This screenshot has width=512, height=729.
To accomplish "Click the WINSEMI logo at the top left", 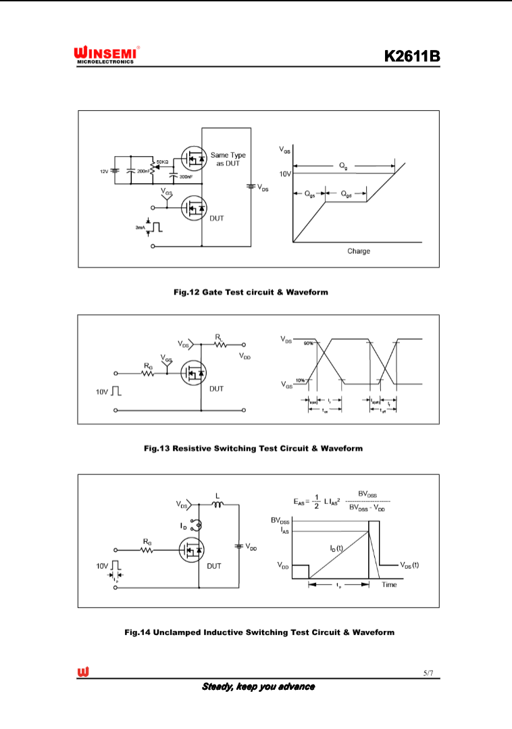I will pyautogui.click(x=107, y=55).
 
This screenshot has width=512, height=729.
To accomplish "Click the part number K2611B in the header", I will pyautogui.click(x=412, y=56).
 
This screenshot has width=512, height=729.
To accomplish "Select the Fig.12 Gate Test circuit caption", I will pyautogui.click(x=251, y=293).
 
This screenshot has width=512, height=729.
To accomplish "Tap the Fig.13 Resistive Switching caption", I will pyautogui.click(x=253, y=448).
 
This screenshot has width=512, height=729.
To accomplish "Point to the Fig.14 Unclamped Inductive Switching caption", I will pyautogui.click(x=259, y=632).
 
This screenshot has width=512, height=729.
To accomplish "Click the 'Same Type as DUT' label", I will pyautogui.click(x=228, y=159).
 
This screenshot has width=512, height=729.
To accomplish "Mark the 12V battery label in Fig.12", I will pyautogui.click(x=104, y=172).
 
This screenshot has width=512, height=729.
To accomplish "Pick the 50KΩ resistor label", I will pyautogui.click(x=162, y=162).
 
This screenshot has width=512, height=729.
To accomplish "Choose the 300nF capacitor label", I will pyautogui.click(x=186, y=177).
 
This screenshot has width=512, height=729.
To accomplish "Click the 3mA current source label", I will pyautogui.click(x=140, y=228).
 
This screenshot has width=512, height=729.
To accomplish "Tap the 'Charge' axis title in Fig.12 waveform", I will pyautogui.click(x=359, y=251).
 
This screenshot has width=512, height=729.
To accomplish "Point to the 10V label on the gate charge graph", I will pyautogui.click(x=285, y=174).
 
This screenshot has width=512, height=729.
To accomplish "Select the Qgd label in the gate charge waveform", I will pyautogui.click(x=346, y=194).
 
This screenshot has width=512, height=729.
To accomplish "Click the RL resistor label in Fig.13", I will pyautogui.click(x=218, y=336).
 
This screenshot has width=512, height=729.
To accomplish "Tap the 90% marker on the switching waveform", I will pyautogui.click(x=308, y=344).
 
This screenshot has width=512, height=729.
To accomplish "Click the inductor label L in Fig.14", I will pyautogui.click(x=217, y=495).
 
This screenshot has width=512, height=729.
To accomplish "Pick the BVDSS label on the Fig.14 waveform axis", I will pyautogui.click(x=281, y=520).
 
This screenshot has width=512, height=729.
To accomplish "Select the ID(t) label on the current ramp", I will pyautogui.click(x=336, y=549).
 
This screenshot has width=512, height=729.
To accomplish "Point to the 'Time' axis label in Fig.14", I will pyautogui.click(x=389, y=584).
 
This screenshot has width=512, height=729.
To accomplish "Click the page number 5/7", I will pyautogui.click(x=428, y=673).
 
